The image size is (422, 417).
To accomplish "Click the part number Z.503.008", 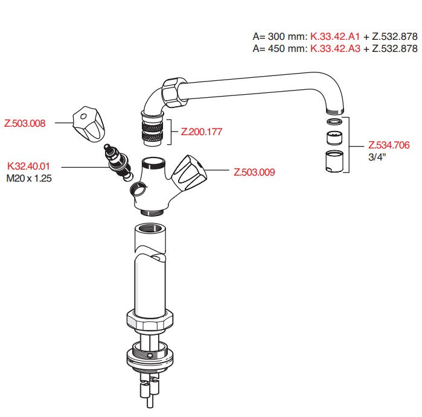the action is pos(25,123).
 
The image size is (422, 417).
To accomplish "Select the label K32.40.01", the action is pos(28,166).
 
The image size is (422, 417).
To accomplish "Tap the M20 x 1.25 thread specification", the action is pos(29,178).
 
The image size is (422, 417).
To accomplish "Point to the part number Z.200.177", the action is pos(202,132).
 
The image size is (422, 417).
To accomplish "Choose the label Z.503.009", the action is pos(254,172).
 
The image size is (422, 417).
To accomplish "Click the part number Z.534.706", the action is pos(389,145).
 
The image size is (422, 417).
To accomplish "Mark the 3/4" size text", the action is pos(377,157).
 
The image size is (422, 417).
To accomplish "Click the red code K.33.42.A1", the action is pos(335,36).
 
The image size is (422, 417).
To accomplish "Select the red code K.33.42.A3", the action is pos(335,48).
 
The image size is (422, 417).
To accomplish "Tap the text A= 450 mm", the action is pos(280,48).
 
